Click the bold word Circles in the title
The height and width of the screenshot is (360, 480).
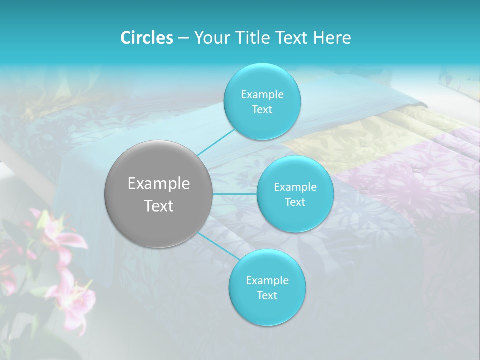point(147,38)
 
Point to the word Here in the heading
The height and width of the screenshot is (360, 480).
point(332,38)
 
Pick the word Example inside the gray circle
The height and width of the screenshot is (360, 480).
point(159,184)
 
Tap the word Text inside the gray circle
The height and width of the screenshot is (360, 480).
point(159,206)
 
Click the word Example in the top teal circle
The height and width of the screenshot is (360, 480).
point(262,95)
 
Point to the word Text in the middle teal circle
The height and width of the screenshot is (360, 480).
point(295,202)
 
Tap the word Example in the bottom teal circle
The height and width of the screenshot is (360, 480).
point(267,280)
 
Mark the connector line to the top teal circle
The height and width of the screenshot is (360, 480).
point(216,142)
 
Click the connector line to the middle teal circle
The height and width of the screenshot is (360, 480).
point(235,193)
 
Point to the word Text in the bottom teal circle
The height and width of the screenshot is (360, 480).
point(267,295)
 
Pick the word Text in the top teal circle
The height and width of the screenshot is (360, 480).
point(262,109)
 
